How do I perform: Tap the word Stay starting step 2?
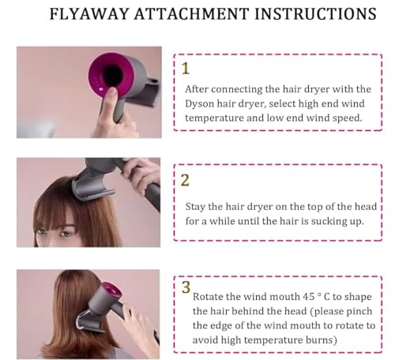pos(199,207)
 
